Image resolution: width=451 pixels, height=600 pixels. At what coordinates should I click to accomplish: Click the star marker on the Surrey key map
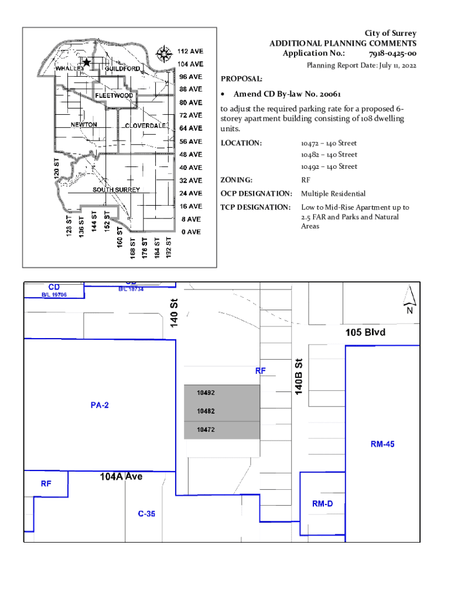(87, 62)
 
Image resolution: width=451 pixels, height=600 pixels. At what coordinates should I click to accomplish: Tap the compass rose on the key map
(164, 54)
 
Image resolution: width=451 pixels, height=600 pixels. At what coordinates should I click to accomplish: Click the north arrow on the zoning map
(409, 299)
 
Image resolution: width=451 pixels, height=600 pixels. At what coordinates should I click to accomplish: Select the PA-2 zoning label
(100, 405)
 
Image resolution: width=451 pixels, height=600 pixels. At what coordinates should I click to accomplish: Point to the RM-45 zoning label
(382, 444)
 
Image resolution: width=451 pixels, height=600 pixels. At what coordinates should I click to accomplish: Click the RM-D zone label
(323, 503)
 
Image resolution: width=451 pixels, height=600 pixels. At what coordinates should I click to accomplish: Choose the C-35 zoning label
(146, 513)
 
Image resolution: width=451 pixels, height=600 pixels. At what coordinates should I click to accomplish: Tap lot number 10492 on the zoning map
(206, 393)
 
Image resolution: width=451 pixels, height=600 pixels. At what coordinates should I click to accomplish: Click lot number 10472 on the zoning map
(206, 429)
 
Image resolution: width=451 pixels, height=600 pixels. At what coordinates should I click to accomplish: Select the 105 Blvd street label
(365, 332)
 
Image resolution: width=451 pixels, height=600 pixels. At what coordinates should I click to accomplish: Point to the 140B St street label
(299, 377)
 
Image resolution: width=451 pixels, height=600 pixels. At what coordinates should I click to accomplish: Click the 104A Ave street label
(121, 476)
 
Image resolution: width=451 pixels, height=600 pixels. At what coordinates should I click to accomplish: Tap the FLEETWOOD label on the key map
(114, 96)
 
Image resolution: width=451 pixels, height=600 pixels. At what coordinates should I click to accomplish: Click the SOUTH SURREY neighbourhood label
(117, 190)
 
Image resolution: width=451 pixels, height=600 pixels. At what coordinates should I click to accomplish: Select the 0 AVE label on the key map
(191, 232)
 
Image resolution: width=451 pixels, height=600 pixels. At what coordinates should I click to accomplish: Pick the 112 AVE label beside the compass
(190, 52)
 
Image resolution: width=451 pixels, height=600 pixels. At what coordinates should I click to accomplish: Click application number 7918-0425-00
(392, 53)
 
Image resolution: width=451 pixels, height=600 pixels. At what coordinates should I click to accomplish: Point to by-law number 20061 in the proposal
(330, 94)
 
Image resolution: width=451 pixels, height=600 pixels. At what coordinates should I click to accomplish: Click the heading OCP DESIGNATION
(257, 193)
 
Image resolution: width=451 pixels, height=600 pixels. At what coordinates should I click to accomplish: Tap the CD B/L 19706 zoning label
(54, 290)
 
